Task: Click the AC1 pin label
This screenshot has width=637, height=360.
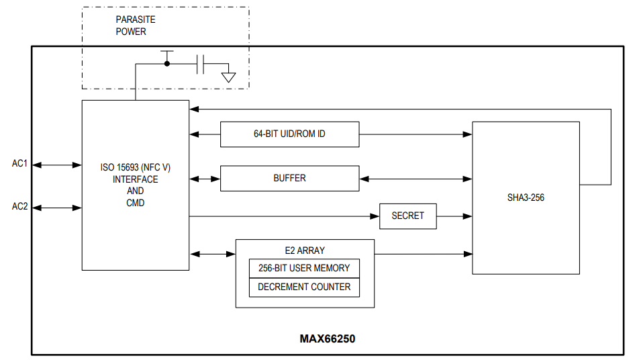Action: (20, 164)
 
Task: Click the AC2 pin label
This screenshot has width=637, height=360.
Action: (20, 207)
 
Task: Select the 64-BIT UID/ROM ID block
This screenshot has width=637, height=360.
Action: (289, 134)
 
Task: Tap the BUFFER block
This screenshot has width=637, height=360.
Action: (289, 178)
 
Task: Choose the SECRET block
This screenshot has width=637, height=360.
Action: (407, 216)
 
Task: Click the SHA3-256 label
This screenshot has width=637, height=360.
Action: (526, 198)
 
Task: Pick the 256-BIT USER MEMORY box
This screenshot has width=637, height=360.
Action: (304, 268)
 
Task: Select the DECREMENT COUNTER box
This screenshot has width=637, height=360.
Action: (304, 287)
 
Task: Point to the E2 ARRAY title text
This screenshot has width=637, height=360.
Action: (305, 251)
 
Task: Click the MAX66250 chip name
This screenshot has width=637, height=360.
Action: (327, 339)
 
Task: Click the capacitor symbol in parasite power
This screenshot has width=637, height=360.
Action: (201, 64)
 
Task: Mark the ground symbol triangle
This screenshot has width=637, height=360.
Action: (229, 77)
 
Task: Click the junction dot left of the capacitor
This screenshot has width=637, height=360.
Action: (167, 64)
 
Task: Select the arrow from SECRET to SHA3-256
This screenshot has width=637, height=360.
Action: (454, 216)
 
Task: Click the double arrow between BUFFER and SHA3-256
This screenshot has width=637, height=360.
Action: (416, 179)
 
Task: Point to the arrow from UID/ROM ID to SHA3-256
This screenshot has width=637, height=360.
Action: (416, 134)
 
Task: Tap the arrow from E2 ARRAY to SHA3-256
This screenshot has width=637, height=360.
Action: (423, 254)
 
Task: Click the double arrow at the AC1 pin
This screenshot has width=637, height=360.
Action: (57, 165)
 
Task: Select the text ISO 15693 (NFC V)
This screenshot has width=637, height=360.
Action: (135, 167)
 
